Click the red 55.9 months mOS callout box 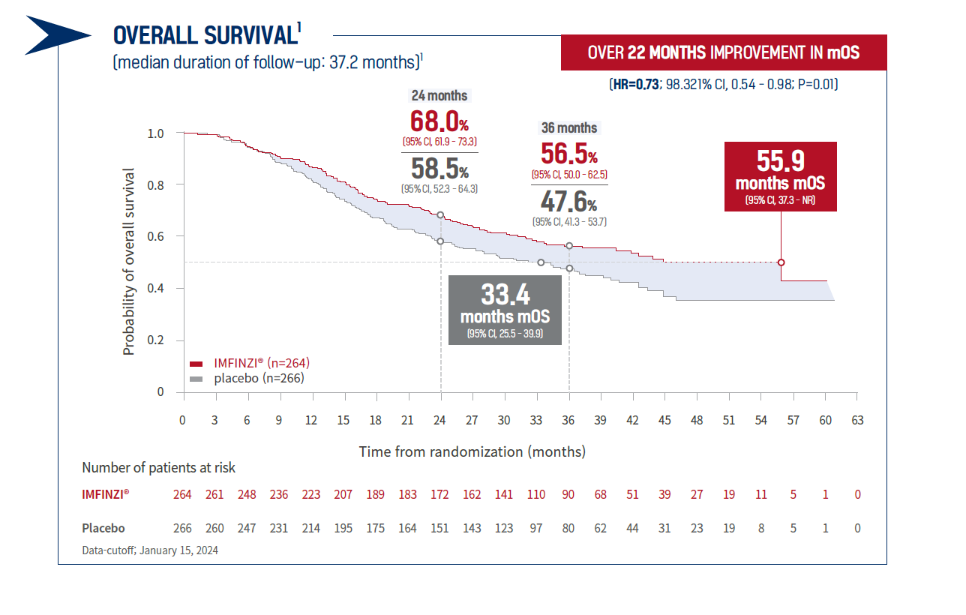[781, 176]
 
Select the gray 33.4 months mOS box [505, 310]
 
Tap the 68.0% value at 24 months [439, 121]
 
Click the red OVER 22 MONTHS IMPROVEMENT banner [723, 52]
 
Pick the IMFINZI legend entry [250, 362]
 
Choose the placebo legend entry [247, 378]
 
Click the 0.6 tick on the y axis [155, 236]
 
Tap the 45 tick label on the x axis [664, 420]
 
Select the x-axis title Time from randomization [472, 451]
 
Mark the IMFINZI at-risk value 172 [439, 494]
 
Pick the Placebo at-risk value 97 [536, 528]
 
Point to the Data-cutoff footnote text [150, 550]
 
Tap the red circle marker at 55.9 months [781, 262]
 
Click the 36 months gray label [569, 127]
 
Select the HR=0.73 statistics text [723, 85]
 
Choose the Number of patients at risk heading [158, 468]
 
